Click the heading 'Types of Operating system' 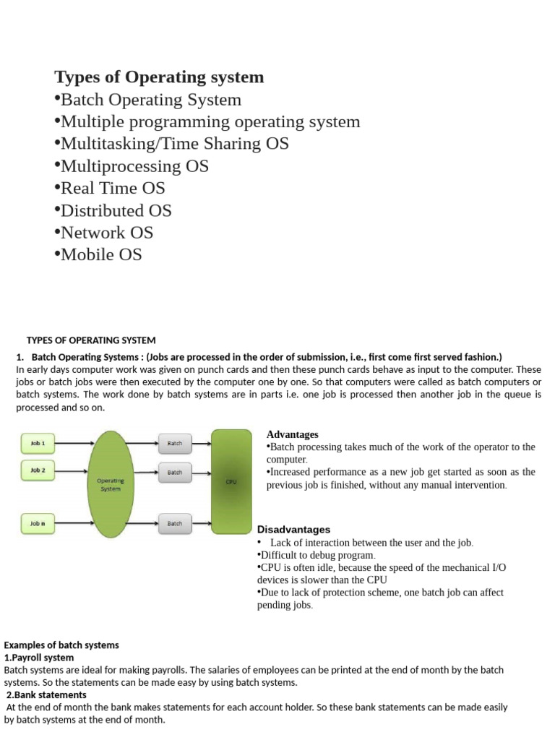[x=160, y=77]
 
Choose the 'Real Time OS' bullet [x=113, y=189]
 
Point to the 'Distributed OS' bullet [x=116, y=211]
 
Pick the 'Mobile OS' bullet [x=101, y=254]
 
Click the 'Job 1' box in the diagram [x=38, y=442]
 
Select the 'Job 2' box [x=38, y=470]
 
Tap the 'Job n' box [x=38, y=522]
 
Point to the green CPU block [x=231, y=481]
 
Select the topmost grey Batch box [x=175, y=442]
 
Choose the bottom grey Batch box [x=175, y=522]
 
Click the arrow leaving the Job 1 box [x=72, y=442]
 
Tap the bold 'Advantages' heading [x=293, y=434]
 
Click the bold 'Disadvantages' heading [x=293, y=530]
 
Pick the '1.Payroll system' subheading [x=39, y=658]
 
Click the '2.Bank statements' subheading [x=45, y=694]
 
